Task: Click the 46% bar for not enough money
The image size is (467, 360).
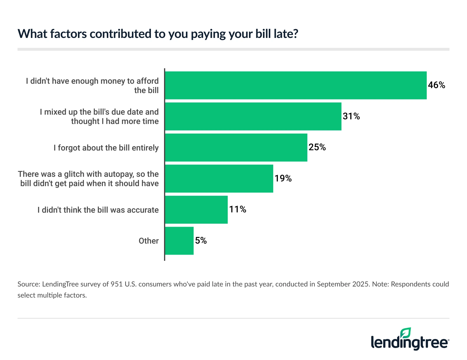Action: [296, 85]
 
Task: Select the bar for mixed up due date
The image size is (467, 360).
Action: [253, 116]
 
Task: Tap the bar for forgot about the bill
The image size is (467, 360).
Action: [236, 147]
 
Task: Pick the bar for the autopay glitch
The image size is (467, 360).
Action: [219, 179]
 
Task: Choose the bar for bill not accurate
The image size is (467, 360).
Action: [196, 209]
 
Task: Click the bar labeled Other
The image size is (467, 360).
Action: [179, 241]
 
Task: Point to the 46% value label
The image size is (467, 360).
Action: [436, 85]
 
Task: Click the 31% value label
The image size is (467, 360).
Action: [351, 116]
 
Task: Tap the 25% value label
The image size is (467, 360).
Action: [317, 147]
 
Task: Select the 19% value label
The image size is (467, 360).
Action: [283, 179]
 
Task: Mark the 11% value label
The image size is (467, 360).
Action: [237, 209]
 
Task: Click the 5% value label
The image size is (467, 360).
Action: [201, 241]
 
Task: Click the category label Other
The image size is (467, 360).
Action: [149, 241]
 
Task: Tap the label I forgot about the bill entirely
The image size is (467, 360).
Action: [106, 148]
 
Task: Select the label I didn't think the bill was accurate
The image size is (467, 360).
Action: [98, 210]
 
